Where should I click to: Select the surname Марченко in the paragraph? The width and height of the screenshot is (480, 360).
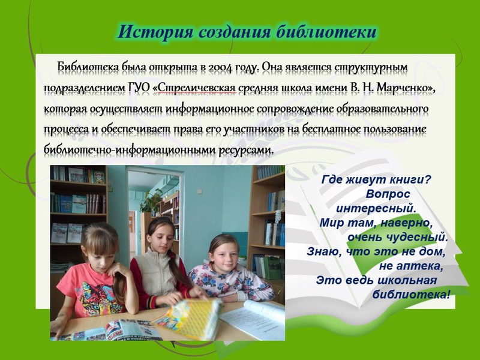pyautogui.click(x=402, y=88)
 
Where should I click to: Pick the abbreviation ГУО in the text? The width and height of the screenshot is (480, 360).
pyautogui.click(x=139, y=88)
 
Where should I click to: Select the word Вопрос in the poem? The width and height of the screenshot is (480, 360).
pyautogui.click(x=388, y=194)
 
